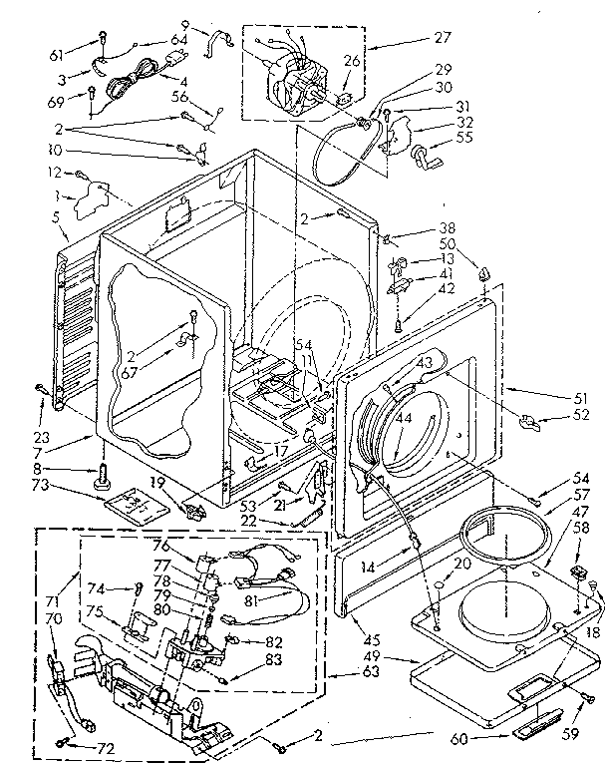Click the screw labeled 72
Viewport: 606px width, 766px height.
65,740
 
